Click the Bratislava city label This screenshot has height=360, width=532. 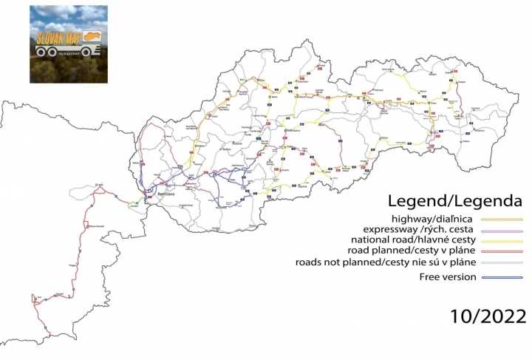168,194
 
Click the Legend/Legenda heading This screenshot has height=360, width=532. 455,201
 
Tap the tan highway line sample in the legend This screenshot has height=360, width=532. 502,220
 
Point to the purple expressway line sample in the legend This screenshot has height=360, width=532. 502,231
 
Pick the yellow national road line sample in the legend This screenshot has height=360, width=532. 502,241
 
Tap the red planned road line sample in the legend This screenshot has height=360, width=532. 502,252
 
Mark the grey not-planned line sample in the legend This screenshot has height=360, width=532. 502,263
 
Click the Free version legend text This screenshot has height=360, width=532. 445,277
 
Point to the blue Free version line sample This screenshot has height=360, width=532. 502,278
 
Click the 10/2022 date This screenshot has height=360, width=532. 488,317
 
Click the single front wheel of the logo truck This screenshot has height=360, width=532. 87,52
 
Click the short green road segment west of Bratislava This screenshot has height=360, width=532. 134,203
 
